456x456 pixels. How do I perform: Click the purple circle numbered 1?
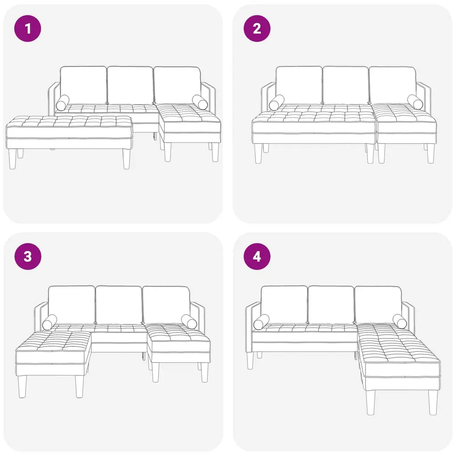[28, 28]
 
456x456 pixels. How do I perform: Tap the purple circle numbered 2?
[257, 28]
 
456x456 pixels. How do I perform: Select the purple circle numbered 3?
[28, 256]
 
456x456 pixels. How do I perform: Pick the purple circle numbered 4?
[257, 256]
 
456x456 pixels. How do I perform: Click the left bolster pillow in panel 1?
[62, 103]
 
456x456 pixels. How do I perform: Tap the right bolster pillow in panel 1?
[200, 102]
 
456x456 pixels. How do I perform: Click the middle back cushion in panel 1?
[130, 85]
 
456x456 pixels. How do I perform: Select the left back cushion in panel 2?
[299, 85]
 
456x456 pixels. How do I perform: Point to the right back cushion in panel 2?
[393, 85]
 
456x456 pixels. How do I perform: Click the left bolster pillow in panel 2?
[277, 103]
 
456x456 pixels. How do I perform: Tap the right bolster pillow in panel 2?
[415, 102]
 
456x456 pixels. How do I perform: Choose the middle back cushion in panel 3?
[118, 305]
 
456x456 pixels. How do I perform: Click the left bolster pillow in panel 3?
[49, 322]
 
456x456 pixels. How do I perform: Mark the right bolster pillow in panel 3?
[189, 322]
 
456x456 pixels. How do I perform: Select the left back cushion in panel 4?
[284, 305]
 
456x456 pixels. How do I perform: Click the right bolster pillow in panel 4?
[399, 322]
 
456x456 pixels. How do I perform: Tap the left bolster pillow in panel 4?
[261, 322]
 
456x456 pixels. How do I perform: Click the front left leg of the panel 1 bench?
[12, 159]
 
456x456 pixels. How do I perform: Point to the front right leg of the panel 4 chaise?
[433, 403]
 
